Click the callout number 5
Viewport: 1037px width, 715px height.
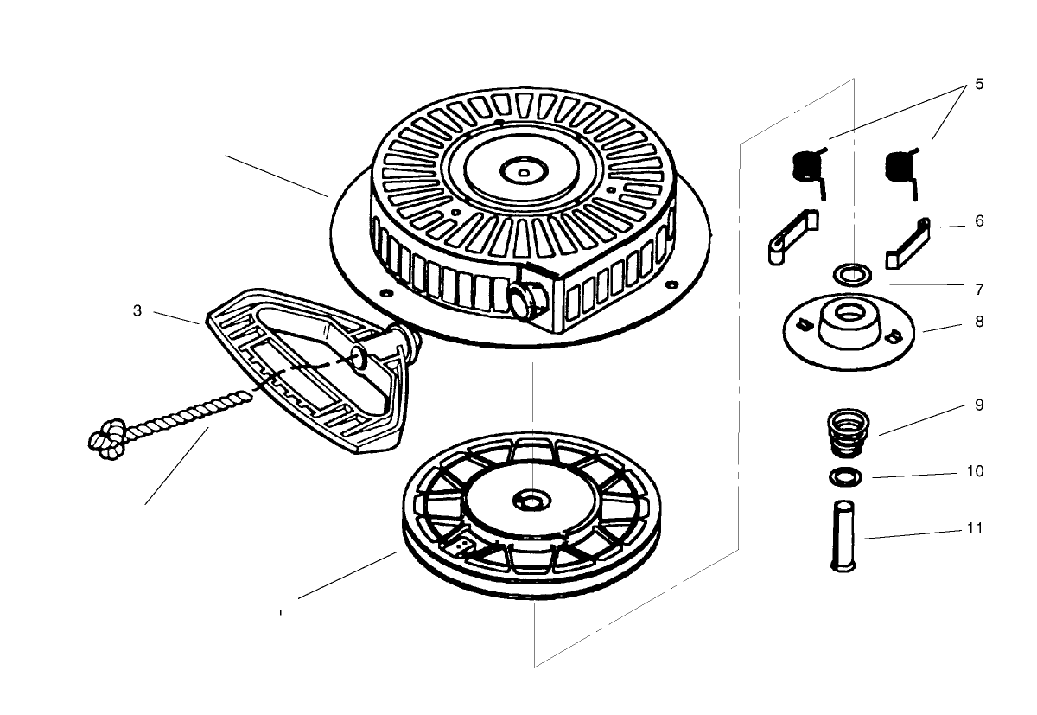(x=979, y=84)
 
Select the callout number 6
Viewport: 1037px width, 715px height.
(x=979, y=221)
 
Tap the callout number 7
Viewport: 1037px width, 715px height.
(x=979, y=289)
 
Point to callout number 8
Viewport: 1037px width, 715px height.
(x=979, y=322)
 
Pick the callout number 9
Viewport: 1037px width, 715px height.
(x=979, y=405)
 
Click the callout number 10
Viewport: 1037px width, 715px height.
(x=975, y=472)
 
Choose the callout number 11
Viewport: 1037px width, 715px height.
(x=975, y=527)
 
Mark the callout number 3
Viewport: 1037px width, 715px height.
(x=137, y=311)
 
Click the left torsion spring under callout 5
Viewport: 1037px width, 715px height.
(x=810, y=167)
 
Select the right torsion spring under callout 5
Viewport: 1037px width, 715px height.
(x=902, y=167)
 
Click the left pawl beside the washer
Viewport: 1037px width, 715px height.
(x=790, y=235)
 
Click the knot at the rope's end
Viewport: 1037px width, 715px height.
(x=107, y=438)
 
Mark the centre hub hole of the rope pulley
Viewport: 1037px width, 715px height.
(x=528, y=501)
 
